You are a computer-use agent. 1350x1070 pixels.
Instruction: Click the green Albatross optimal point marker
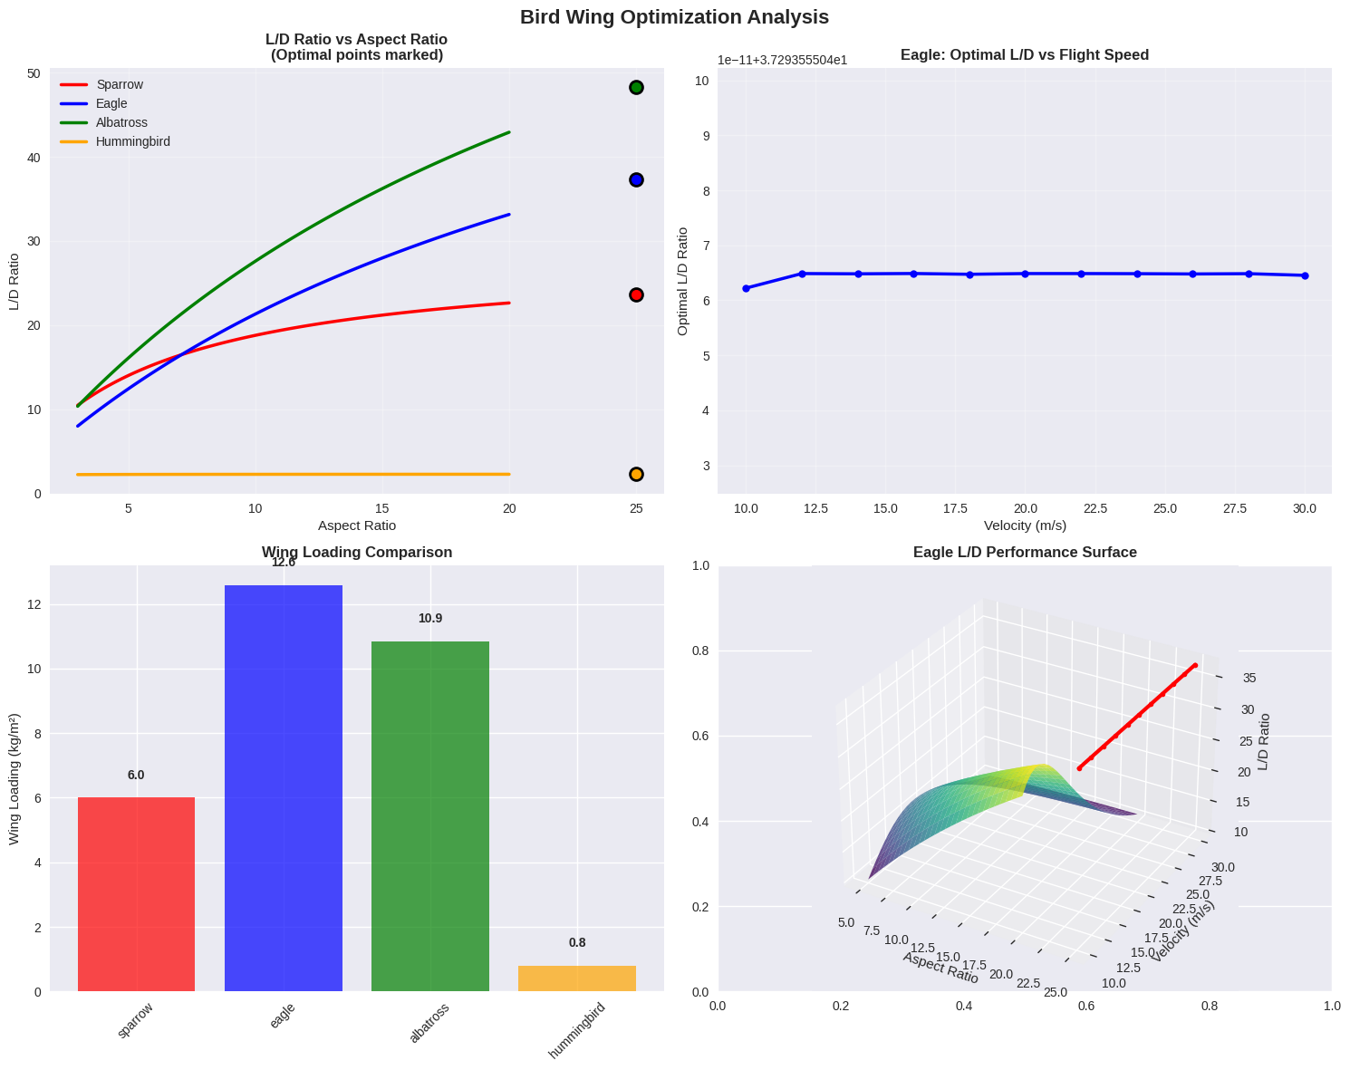(x=636, y=87)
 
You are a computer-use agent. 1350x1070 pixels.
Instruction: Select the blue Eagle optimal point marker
(x=636, y=180)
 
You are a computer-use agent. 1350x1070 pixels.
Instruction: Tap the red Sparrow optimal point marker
(x=636, y=294)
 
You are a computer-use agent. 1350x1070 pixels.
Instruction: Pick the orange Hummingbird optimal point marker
(x=636, y=474)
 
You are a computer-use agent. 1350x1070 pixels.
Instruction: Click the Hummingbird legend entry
(x=132, y=141)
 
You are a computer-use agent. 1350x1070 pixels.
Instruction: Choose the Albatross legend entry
(x=121, y=122)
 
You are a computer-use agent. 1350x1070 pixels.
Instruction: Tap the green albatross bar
(x=430, y=816)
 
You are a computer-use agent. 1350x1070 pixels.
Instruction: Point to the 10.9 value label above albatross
(x=430, y=619)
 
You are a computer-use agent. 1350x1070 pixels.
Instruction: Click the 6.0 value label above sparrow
(x=136, y=775)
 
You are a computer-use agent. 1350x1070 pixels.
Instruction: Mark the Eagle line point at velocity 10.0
(x=746, y=288)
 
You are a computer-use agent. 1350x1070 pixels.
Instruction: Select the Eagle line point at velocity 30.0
(x=1305, y=275)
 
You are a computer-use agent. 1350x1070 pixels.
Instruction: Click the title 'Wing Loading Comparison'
(x=357, y=552)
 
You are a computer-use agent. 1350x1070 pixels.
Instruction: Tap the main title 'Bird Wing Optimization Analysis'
(x=674, y=16)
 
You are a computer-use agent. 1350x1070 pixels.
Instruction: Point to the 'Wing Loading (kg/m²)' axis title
(x=14, y=778)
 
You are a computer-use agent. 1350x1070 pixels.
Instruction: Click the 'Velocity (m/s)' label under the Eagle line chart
(x=1025, y=525)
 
